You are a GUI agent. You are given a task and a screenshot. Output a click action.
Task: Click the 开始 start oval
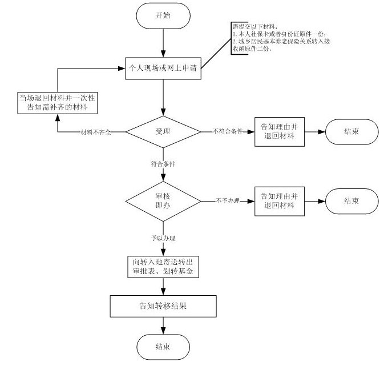pos(163,15)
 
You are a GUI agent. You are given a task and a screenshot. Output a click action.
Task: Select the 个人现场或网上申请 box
pos(163,67)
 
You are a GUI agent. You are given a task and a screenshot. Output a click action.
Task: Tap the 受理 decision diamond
pos(163,131)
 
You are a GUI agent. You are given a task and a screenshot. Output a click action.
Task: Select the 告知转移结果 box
pos(163,305)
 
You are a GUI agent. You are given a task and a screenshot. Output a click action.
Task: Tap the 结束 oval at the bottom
pos(163,346)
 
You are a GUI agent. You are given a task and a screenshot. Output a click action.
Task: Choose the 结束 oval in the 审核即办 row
pos(351,200)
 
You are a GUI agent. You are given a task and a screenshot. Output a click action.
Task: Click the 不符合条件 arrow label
pos(227,131)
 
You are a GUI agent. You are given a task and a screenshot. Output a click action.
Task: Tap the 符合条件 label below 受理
pos(163,163)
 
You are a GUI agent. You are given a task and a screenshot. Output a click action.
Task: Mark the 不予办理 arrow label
pos(227,201)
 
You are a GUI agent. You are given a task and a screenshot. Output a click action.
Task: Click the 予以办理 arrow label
pos(163,236)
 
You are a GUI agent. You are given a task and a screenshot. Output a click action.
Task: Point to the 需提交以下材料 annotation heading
pos(254,27)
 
